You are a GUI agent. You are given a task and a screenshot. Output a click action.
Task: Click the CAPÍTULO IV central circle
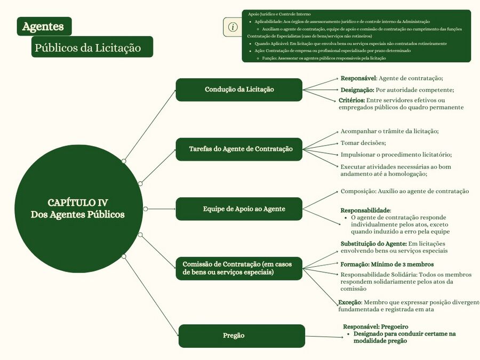pyautogui.click(x=78, y=209)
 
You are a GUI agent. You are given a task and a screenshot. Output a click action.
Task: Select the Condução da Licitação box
pyautogui.click(x=239, y=90)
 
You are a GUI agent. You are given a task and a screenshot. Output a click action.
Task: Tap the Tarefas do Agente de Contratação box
pyautogui.click(x=239, y=149)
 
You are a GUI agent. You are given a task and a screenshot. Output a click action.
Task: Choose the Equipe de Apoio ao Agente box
pyautogui.click(x=239, y=209)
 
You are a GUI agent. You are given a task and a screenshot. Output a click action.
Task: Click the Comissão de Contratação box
pyautogui.click(x=239, y=268)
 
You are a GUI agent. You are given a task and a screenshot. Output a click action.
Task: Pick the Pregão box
pyautogui.click(x=242, y=335)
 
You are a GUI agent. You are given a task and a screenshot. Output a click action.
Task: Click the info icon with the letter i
pyautogui.click(x=233, y=27)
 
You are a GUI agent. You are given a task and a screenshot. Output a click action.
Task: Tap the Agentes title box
pyautogui.click(x=44, y=26)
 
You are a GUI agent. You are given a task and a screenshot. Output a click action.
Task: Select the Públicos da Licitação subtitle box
pyautogui.click(x=92, y=47)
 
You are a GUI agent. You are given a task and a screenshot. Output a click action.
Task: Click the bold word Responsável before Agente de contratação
pyautogui.click(x=358, y=78)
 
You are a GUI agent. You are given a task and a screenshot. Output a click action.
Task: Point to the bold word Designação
pyautogui.click(x=357, y=90)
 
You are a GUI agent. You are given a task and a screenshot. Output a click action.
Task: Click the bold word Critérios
pyautogui.click(x=351, y=100)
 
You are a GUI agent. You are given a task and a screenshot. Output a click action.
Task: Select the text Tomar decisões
pyautogui.click(x=363, y=143)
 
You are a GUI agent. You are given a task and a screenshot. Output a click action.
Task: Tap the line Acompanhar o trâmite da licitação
pyautogui.click(x=389, y=131)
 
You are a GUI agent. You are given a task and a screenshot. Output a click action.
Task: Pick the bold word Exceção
pyautogui.click(x=349, y=302)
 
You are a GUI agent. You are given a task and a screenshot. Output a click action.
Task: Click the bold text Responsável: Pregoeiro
pyautogui.click(x=375, y=326)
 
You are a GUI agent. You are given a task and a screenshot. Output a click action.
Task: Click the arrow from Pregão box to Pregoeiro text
pyautogui.click(x=324, y=337)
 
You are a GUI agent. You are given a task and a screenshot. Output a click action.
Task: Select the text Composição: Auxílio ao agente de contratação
pyautogui.click(x=404, y=191)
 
